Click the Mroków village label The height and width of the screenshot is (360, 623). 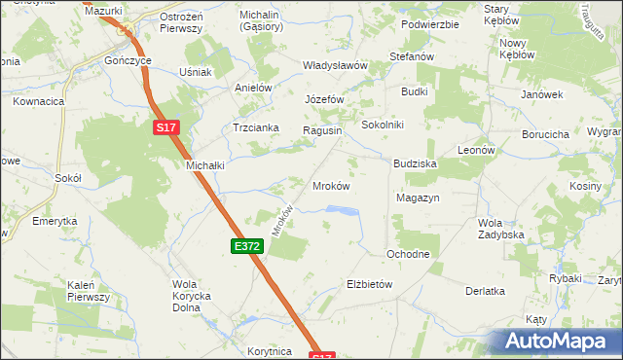point(330,185)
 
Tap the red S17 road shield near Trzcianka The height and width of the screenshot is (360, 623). point(166,126)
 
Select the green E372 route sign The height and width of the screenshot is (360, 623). point(246,247)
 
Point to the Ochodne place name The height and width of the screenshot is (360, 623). point(408,254)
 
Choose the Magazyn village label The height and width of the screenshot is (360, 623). point(419,198)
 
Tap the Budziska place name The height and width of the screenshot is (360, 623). point(415,164)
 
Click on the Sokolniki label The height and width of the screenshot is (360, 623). point(383,126)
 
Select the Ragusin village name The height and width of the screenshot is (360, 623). point(322,130)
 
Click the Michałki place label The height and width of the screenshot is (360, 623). point(205,165)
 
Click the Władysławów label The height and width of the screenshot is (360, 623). point(334,65)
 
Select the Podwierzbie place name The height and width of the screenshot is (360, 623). point(429,24)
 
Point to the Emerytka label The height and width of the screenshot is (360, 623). point(55,221)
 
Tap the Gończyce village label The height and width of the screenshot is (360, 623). point(128,59)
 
